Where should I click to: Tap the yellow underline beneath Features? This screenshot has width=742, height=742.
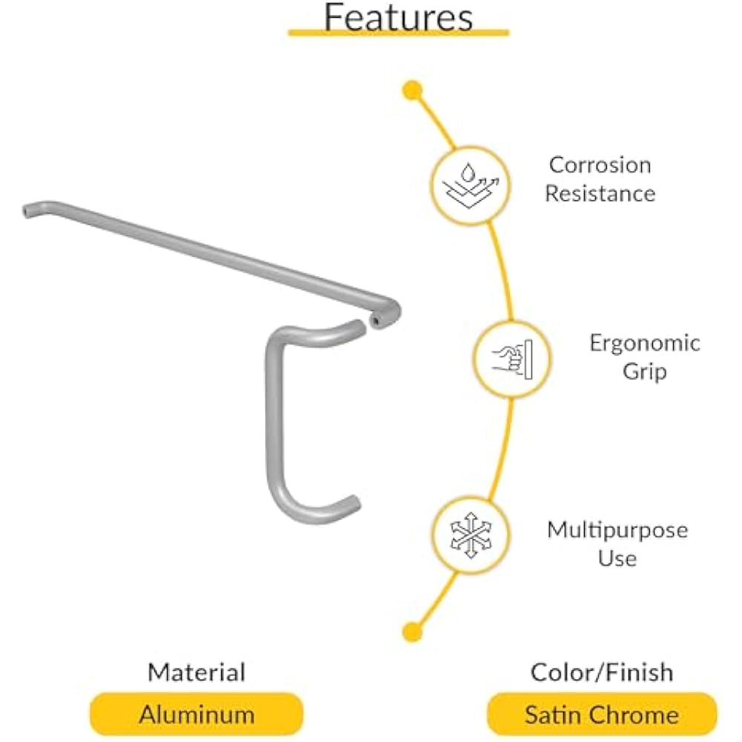[x=398, y=33]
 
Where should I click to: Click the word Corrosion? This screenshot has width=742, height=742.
[x=600, y=165]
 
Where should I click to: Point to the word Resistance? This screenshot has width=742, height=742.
[x=600, y=194]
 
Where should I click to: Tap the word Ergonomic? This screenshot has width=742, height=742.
[x=644, y=343]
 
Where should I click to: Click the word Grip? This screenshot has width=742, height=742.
[x=644, y=371]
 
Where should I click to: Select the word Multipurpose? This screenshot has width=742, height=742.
[x=617, y=530]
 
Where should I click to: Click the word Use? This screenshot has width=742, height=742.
[x=617, y=557]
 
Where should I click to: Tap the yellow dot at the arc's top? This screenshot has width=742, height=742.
[x=412, y=91]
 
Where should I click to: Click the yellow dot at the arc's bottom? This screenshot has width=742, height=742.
[x=412, y=631]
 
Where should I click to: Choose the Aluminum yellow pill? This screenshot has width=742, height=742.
[x=196, y=715]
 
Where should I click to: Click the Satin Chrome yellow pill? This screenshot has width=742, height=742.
[x=601, y=715]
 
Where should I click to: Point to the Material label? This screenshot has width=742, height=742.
[x=196, y=673]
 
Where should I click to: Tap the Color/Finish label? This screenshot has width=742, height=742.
[x=601, y=673]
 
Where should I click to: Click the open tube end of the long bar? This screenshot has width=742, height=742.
[x=379, y=321]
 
